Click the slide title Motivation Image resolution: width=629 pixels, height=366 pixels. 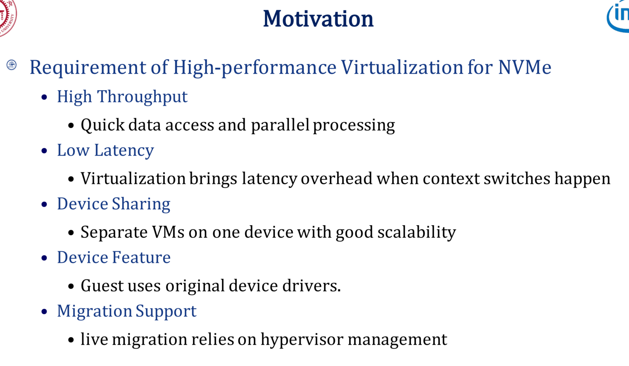(318, 19)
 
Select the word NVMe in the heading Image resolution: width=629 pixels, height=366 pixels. (524, 67)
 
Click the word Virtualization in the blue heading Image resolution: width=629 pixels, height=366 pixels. (402, 67)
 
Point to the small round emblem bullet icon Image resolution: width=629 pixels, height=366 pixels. (12, 65)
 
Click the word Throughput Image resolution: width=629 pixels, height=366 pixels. (142, 97)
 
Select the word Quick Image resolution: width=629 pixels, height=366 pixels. (102, 125)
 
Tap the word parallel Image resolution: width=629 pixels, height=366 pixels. (280, 125)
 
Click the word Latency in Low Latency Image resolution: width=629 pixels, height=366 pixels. (124, 151)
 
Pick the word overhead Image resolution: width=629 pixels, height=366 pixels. (336, 179)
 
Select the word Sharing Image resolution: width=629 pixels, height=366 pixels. (141, 204)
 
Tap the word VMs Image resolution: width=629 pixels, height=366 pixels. (168, 232)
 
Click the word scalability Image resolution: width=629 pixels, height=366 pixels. (416, 233)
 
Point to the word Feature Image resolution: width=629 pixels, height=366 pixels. (141, 257)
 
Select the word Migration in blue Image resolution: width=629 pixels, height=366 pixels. (94, 311)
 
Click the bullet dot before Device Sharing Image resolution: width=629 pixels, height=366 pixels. (44, 204)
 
